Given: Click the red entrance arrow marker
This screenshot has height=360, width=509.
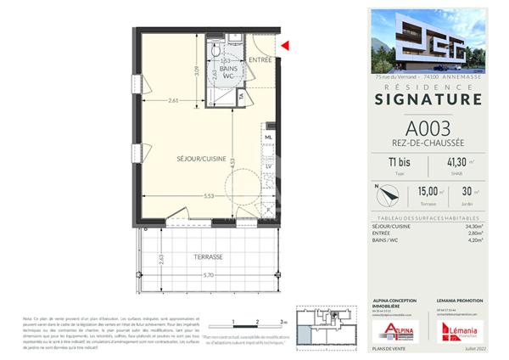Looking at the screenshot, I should [x=285, y=46].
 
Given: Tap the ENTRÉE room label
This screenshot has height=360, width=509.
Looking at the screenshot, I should [x=261, y=59].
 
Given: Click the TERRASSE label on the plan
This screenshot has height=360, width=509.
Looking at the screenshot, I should [x=207, y=256].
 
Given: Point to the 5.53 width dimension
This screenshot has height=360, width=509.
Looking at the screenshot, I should [x=207, y=196].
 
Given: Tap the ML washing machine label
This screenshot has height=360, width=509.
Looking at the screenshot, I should [x=268, y=137].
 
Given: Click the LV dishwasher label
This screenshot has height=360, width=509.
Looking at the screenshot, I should [x=268, y=166].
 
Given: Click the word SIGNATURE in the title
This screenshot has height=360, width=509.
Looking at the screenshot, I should [x=428, y=99].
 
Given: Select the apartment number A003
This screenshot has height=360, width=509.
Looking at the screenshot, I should [x=428, y=128].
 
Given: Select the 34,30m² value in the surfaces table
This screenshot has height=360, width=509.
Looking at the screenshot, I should [x=472, y=227].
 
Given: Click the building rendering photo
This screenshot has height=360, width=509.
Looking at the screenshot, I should [x=428, y=41].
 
